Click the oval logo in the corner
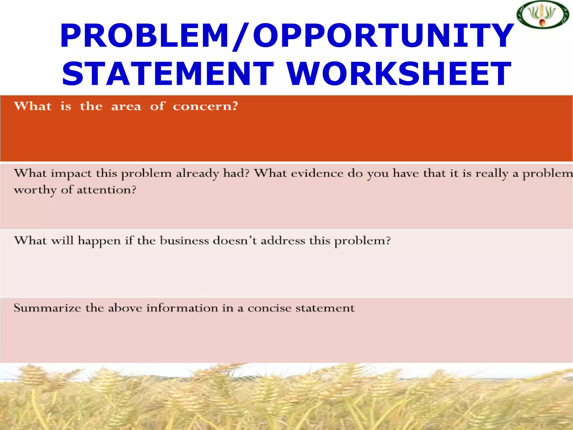click(x=543, y=15)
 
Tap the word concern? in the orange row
click(x=205, y=107)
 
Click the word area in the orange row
click(x=126, y=107)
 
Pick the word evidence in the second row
click(x=317, y=174)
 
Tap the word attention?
click(x=106, y=190)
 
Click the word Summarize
click(x=47, y=308)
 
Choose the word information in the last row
click(x=182, y=308)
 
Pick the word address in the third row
click(x=283, y=241)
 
